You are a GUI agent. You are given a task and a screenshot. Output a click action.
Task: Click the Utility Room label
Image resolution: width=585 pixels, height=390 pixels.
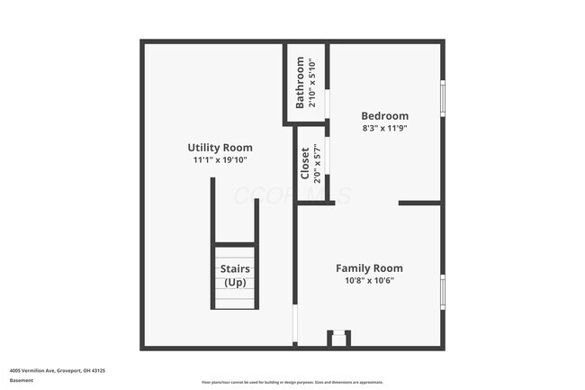pos(220,147)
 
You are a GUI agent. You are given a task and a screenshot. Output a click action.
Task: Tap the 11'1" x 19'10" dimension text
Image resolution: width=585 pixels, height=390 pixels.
pos(220,160)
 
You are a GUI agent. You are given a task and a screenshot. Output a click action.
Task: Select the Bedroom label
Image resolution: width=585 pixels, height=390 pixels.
pos(384,115)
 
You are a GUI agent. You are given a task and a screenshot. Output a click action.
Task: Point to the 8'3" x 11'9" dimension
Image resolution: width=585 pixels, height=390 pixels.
pos(384,129)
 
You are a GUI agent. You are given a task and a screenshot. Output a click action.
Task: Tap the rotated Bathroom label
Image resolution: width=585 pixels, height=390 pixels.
pos(301,84)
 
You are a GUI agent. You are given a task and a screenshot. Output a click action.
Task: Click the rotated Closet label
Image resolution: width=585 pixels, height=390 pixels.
pos(305,162)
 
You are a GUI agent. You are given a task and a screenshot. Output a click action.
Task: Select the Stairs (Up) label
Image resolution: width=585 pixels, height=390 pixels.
pos(235,275)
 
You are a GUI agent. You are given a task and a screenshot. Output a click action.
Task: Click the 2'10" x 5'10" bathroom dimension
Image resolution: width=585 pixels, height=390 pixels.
pos(312,84)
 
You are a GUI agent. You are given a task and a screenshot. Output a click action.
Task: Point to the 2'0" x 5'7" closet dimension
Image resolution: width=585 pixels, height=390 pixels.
pos(317,162)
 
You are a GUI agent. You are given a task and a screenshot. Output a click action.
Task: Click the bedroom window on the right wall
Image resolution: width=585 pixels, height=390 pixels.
pos(441,98)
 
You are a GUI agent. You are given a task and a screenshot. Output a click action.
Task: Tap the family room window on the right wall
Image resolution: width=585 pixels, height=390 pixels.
pos(441,292)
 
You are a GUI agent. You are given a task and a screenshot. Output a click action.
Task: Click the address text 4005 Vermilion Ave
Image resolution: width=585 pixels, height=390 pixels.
pos(58,370)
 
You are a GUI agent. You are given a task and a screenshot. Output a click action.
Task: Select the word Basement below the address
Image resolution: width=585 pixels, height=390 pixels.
pos(22,380)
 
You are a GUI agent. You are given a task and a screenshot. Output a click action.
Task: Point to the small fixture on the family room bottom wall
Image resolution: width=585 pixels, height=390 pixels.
pos(338,338)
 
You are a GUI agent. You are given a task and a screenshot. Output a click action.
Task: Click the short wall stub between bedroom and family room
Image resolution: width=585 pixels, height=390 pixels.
pos(419,203)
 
